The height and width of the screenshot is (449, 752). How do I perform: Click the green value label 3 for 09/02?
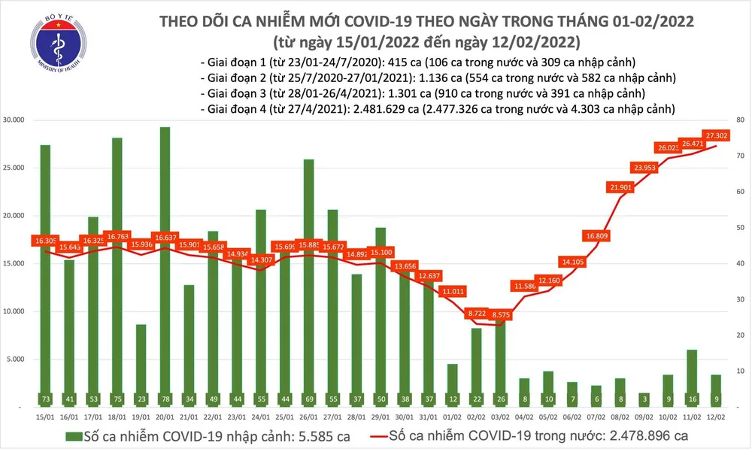tap(644, 397)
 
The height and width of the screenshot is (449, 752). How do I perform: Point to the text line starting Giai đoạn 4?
tap(437, 109)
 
